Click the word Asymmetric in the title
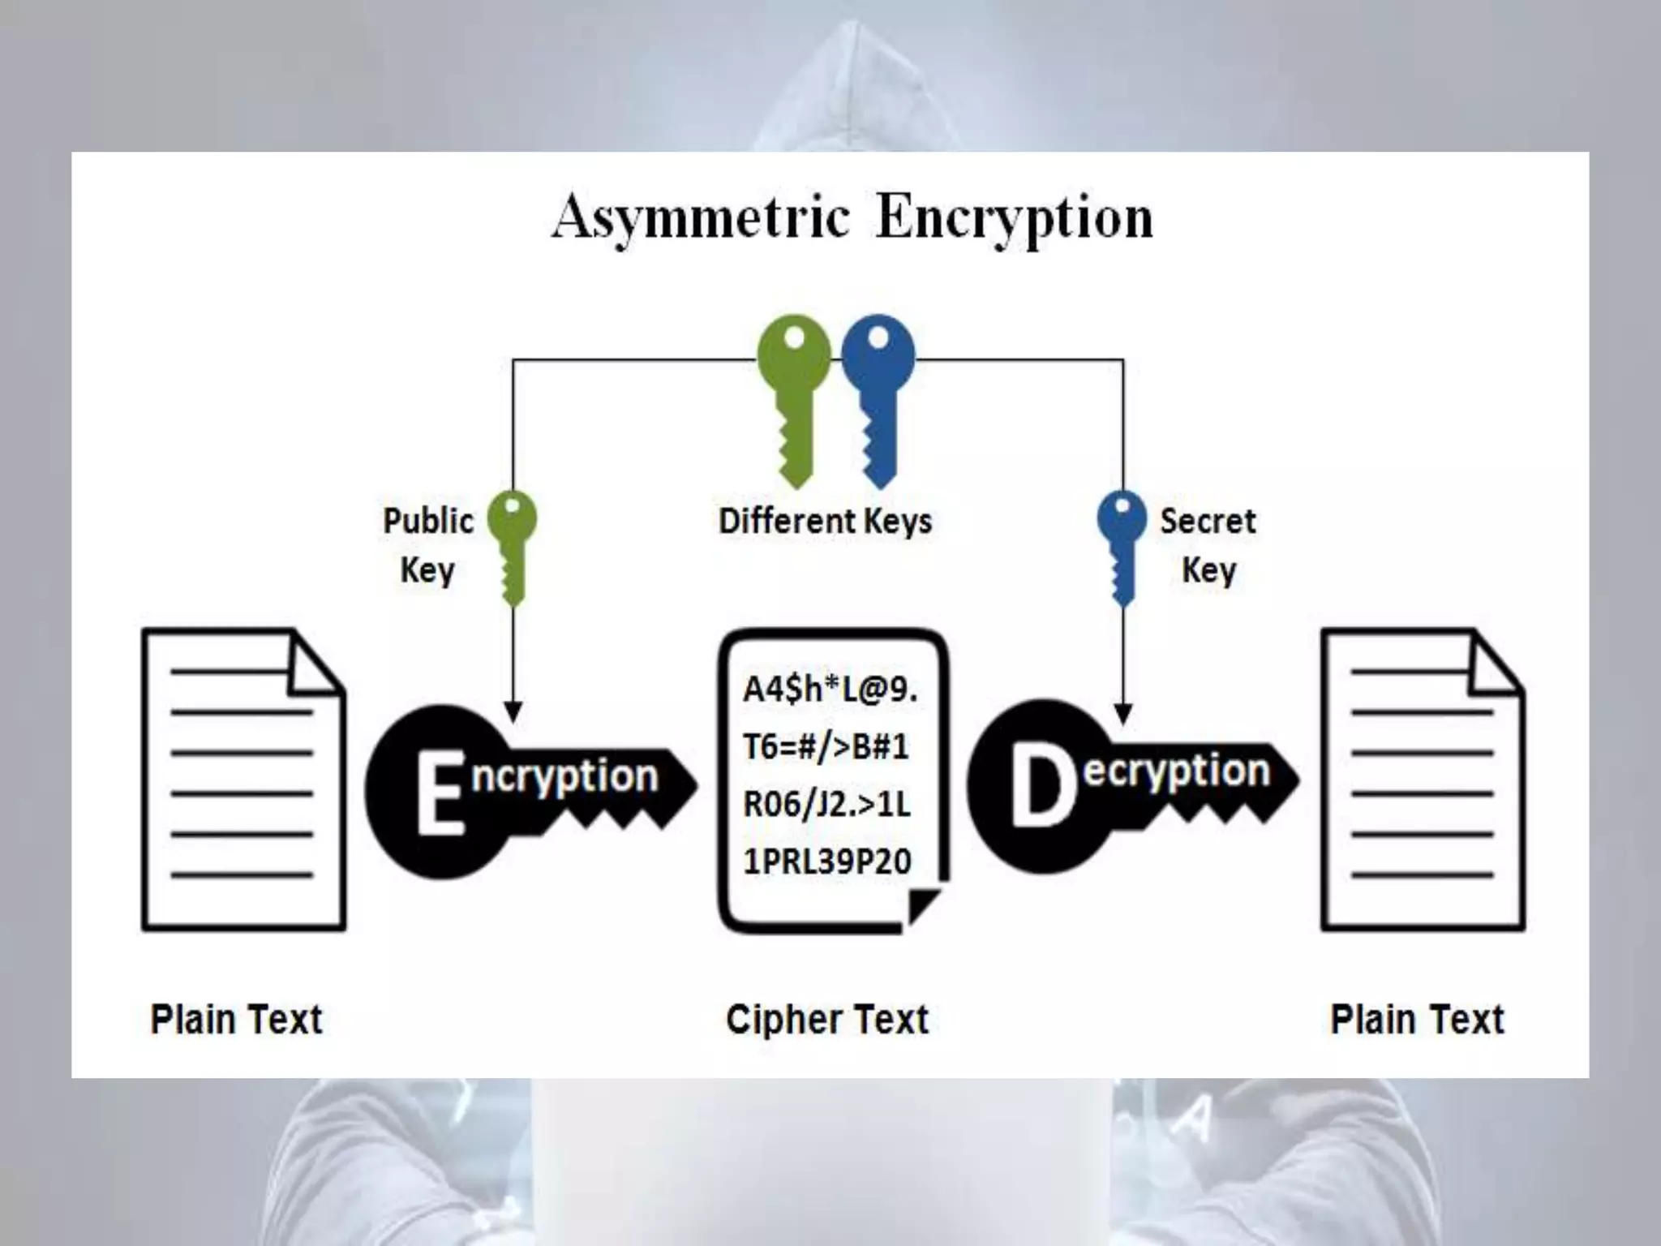tap(701, 217)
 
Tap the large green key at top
tap(794, 397)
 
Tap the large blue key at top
tap(878, 397)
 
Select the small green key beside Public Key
tap(512, 545)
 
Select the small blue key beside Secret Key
tap(1122, 545)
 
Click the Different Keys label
tap(825, 521)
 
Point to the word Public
tap(428, 521)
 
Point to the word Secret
tap(1208, 521)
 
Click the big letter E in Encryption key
tap(440, 793)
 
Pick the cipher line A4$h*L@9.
tap(829, 690)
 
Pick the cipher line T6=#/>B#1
tap(825, 746)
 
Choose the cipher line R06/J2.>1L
tap(826, 804)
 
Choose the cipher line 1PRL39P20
tap(826, 861)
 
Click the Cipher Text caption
tap(826, 1020)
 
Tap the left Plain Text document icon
tap(243, 780)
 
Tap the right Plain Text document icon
tap(1423, 780)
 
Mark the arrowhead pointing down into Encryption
tap(513, 712)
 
